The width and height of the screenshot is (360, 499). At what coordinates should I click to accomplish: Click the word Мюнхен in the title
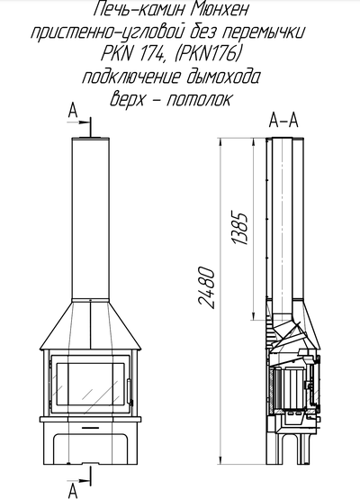click(x=220, y=10)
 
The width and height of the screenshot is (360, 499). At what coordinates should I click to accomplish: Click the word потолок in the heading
click(x=199, y=99)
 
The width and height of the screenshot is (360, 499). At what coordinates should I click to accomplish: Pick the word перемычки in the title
click(x=265, y=32)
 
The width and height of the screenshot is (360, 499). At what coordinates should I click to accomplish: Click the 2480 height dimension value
click(x=206, y=288)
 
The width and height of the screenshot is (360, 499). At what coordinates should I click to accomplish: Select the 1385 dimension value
click(x=239, y=227)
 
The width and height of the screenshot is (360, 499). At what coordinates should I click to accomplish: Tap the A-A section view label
click(x=283, y=121)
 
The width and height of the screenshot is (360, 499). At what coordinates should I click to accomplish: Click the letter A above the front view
click(x=73, y=112)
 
